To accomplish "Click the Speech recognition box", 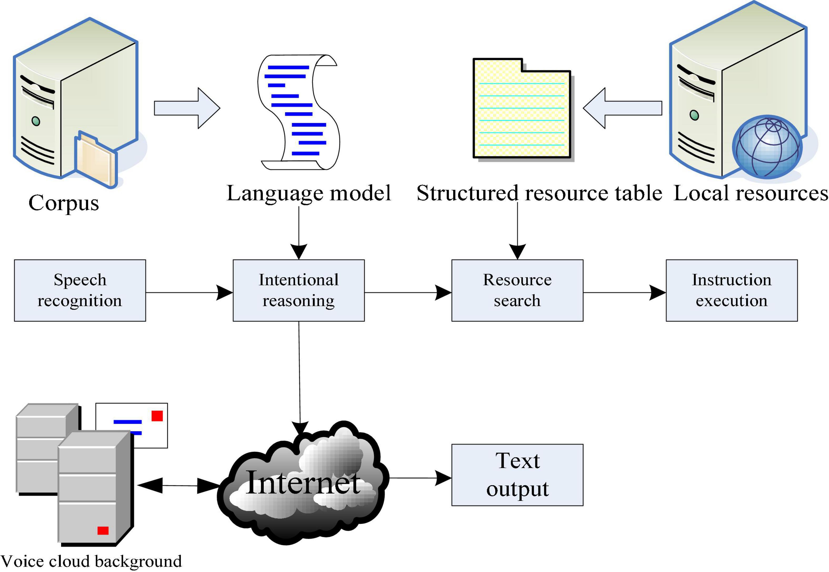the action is (x=80, y=290).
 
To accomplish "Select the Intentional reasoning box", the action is (x=299, y=290).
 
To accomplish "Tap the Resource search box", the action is (x=517, y=290).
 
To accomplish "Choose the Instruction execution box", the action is (x=732, y=290).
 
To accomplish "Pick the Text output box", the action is (x=517, y=475).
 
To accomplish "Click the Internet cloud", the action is (x=303, y=482).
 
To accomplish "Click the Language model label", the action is (x=308, y=193).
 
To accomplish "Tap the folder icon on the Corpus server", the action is (x=96, y=160).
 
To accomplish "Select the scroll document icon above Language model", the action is (x=298, y=112).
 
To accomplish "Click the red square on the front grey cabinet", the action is (x=103, y=530).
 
